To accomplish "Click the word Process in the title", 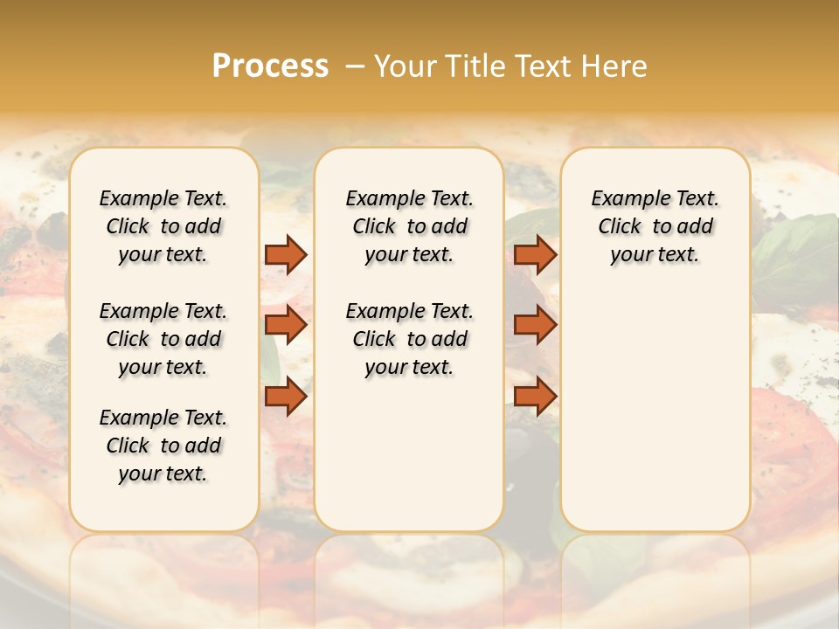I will (270, 66).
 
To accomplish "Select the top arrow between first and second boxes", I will (286, 254).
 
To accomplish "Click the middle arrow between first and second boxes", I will (286, 325).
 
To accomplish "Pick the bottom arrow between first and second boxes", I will (286, 397).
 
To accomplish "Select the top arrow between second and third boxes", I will (535, 254).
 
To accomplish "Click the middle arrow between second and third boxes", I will (535, 325).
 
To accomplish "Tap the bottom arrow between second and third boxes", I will (535, 397).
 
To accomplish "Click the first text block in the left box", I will (163, 226).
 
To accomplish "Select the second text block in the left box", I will (163, 339).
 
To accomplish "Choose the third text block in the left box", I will (163, 446).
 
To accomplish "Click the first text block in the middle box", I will (409, 226).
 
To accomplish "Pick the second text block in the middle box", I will (409, 339).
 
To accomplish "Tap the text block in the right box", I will (655, 226).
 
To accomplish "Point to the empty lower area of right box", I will (655, 411).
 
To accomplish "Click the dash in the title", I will (354, 66).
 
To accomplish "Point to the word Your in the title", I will (406, 66).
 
